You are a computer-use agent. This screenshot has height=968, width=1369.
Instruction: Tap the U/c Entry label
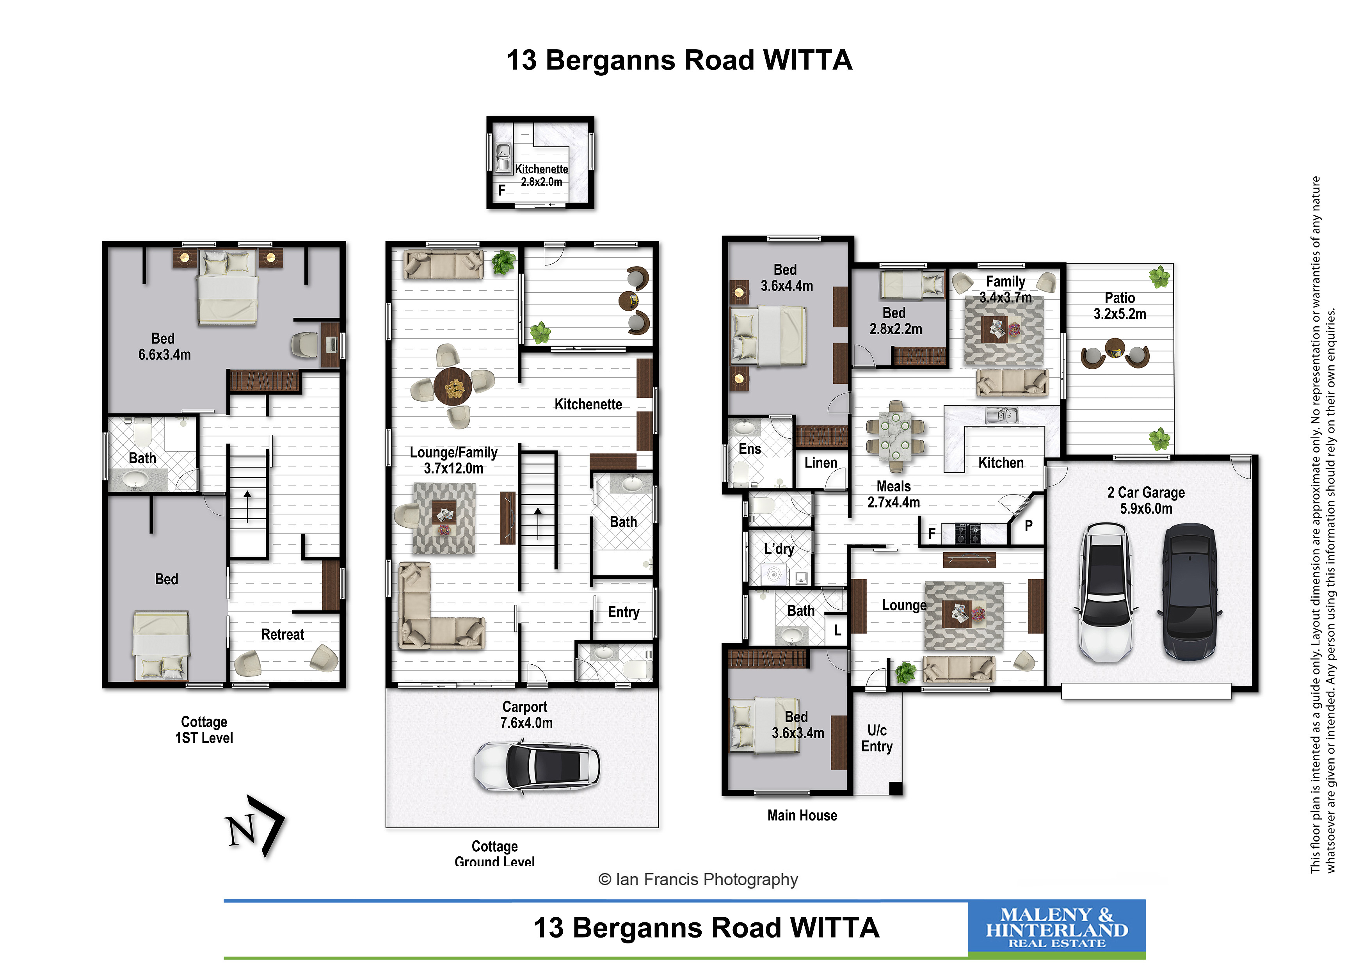click(877, 738)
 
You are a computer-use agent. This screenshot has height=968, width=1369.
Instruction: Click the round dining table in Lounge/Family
click(453, 386)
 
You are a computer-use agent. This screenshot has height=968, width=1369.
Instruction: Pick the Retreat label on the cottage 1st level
click(283, 635)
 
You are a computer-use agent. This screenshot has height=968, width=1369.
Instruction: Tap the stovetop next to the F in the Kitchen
click(968, 533)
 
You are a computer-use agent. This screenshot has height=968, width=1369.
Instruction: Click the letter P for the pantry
click(1029, 525)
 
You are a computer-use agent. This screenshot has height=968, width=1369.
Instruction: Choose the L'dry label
click(779, 549)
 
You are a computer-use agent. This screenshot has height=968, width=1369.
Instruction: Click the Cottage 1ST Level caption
click(204, 730)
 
